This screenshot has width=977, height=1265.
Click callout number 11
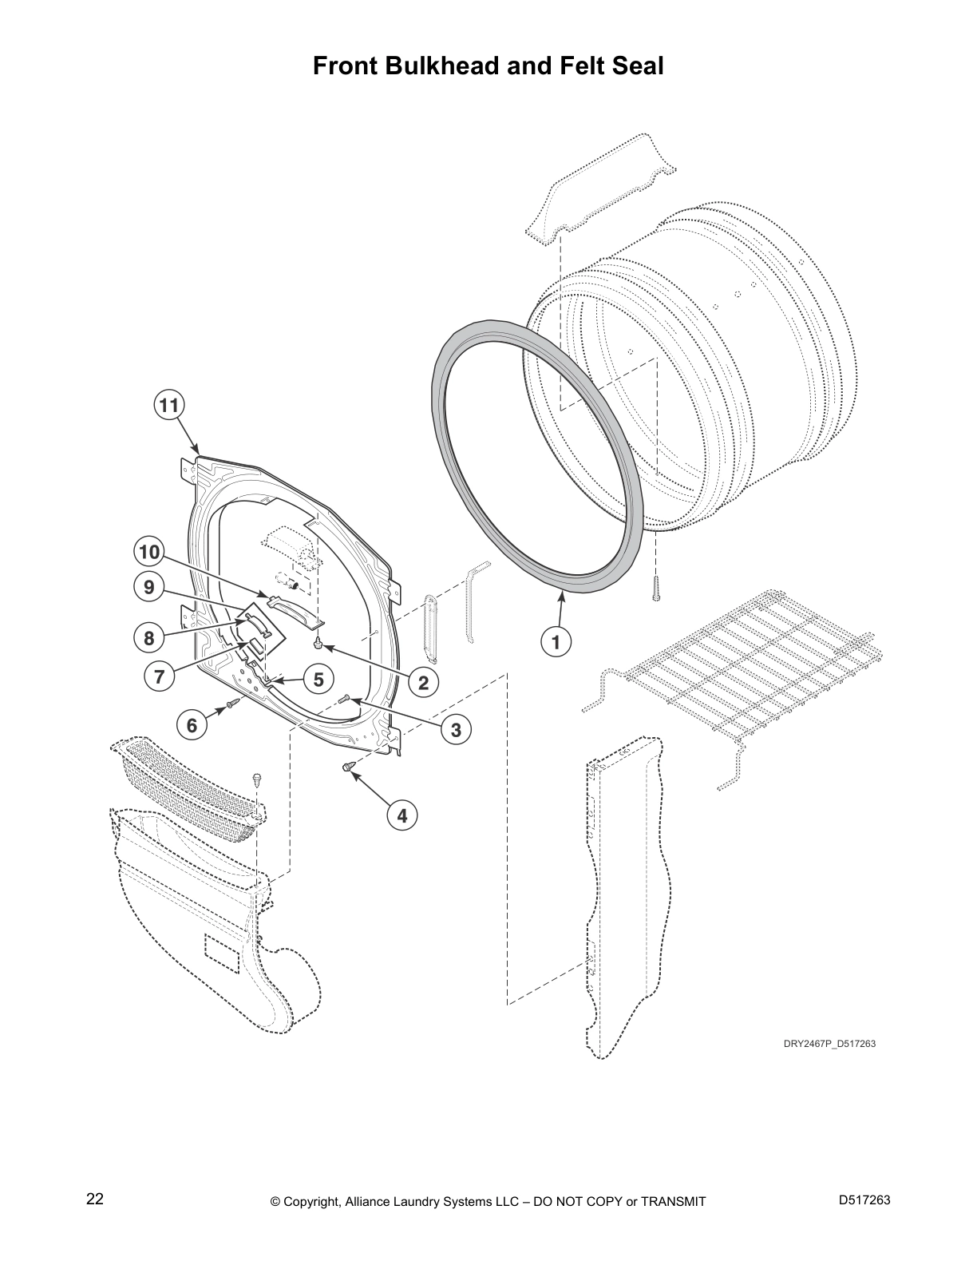pyautogui.click(x=168, y=406)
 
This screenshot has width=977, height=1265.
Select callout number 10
pyautogui.click(x=148, y=552)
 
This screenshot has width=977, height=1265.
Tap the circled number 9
pyautogui.click(x=148, y=588)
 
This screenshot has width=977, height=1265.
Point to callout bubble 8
pyautogui.click(x=149, y=637)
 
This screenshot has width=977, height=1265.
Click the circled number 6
pyautogui.click(x=192, y=725)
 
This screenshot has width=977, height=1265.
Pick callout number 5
pyautogui.click(x=318, y=680)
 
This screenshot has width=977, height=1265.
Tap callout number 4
pyautogui.click(x=402, y=815)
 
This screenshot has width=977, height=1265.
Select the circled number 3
pyautogui.click(x=456, y=729)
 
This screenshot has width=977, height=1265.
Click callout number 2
pyautogui.click(x=424, y=682)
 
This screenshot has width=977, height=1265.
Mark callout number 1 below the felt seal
pyautogui.click(x=556, y=640)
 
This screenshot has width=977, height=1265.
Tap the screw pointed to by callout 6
pyautogui.click(x=232, y=703)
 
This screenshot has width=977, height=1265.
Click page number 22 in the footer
pyautogui.click(x=94, y=1199)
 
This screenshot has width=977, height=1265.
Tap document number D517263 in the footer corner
pyautogui.click(x=864, y=1200)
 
